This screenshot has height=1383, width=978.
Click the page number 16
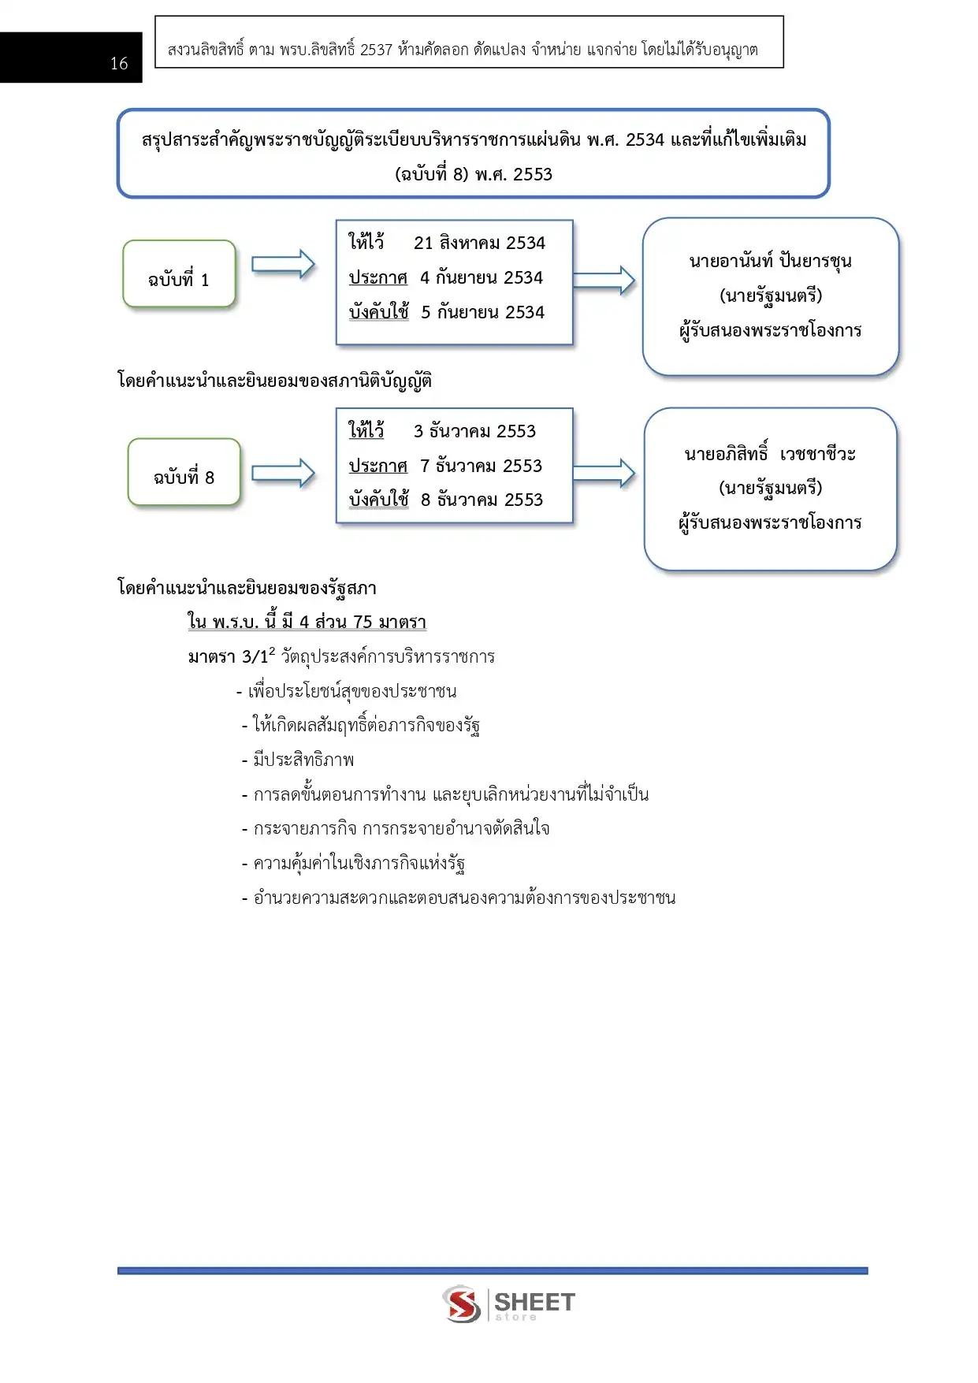pos(119,64)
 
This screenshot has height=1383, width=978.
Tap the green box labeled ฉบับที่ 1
pos(179,274)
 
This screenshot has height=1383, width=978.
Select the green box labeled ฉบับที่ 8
pos(184,472)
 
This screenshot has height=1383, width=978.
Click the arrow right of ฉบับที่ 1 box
pos(283,265)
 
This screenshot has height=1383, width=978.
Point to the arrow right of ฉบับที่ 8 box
pos(283,473)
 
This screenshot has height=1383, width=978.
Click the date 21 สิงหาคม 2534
pos(479,243)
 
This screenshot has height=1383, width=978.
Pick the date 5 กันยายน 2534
pos(482,312)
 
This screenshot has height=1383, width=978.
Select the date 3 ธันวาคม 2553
pos(474,431)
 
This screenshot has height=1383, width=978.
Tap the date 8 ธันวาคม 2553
pos(482,500)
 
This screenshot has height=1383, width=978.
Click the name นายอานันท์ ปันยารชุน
pos(770,261)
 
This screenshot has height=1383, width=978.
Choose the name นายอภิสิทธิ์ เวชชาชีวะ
pos(770,454)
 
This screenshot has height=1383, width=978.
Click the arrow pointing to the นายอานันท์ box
pos(604,280)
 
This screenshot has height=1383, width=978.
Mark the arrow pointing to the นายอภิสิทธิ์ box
pos(604,473)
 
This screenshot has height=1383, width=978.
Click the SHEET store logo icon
pos(462,1303)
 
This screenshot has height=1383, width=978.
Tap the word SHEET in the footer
pos(534,1301)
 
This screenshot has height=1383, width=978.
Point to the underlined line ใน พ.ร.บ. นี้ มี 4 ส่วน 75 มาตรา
pos(307,622)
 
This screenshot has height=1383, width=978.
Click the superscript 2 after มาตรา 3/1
pos(272,651)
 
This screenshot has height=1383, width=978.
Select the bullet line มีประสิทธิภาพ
pos(303,760)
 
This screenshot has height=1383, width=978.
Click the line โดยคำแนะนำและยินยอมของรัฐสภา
pos(247,588)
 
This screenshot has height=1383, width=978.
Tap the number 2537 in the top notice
pos(376,50)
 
